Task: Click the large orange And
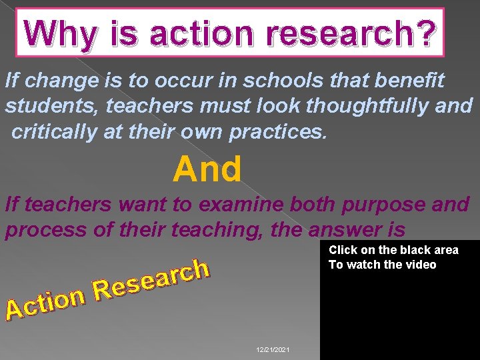207,169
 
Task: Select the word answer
347,230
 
